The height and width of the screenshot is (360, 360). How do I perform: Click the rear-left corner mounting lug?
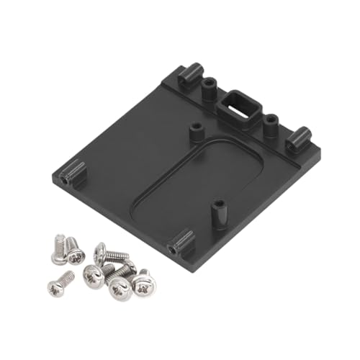(x=189, y=74)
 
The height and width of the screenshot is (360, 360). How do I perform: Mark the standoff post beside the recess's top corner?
(x=194, y=132)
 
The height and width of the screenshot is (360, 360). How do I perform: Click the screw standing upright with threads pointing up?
(x=58, y=248)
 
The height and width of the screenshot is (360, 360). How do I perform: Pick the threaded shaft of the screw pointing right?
(x=118, y=255)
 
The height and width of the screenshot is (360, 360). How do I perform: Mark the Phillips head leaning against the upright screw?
(x=75, y=253)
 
